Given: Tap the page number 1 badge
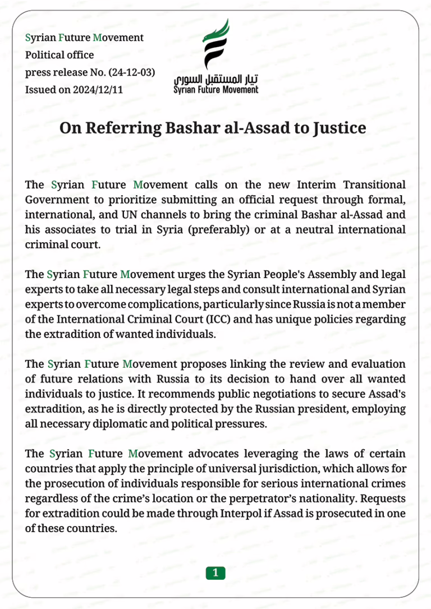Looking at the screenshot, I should click(215, 573).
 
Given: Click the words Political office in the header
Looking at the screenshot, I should click(59, 55).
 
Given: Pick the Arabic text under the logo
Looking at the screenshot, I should click(216, 80).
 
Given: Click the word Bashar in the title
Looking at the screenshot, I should click(186, 128).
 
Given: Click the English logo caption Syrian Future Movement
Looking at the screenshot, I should click(216, 90).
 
